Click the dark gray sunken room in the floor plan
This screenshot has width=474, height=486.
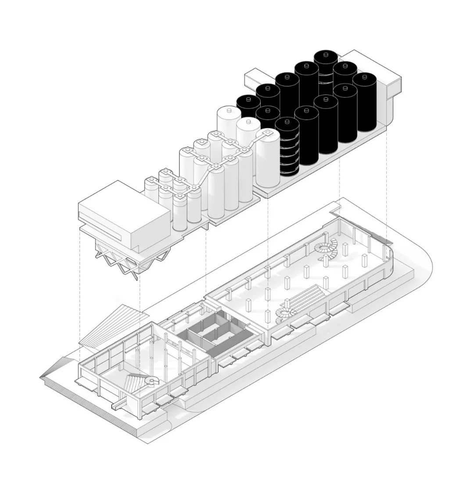pos(219,334)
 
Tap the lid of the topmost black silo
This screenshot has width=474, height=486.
pos(325,55)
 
